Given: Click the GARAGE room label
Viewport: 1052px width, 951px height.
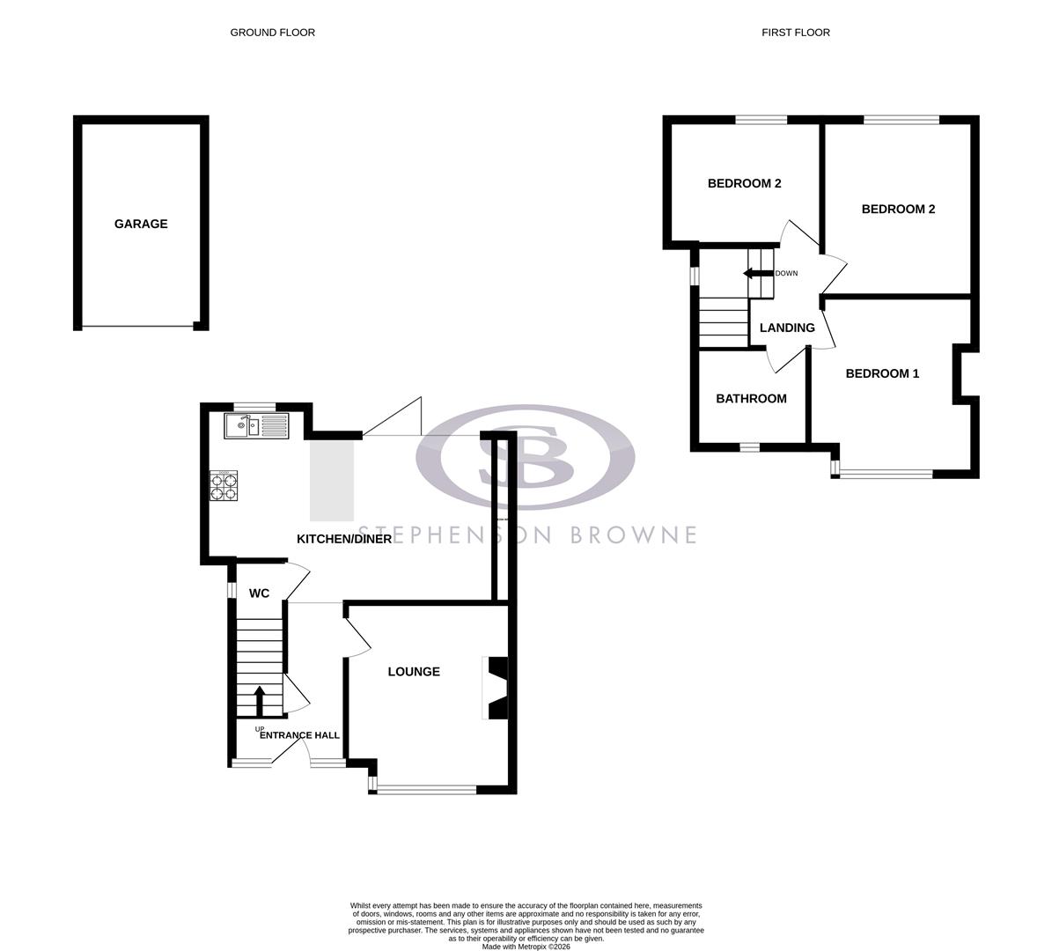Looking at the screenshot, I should pos(141,224).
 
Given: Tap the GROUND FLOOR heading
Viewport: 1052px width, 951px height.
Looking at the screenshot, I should pos(272,33).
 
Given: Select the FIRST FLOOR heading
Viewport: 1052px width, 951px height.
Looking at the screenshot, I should pos(796,33).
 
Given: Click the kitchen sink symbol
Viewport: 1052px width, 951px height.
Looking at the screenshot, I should pos(256,426).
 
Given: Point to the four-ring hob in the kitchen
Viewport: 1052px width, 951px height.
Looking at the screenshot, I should pos(224,486).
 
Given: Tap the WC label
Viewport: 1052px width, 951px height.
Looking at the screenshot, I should pos(259,593).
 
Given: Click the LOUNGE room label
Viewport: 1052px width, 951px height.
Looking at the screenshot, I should pos(414,672).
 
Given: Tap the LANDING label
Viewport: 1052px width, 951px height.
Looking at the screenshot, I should pos(787,328).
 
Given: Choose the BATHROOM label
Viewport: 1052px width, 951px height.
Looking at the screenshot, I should pos(751,399).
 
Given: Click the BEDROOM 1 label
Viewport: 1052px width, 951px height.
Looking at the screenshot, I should pos(882,373).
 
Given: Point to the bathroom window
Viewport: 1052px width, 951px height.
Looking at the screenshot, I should pos(749,447).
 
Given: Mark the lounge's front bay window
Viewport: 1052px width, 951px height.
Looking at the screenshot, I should pos(427,790).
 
